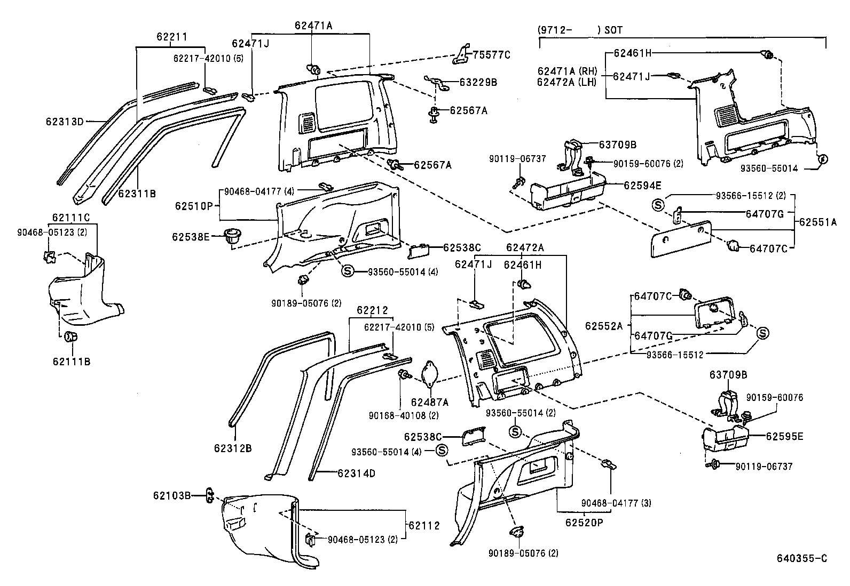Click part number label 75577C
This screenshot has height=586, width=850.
[x=491, y=54]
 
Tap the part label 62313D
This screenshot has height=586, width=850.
[x=64, y=122]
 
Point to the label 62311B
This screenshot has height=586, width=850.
[x=137, y=194]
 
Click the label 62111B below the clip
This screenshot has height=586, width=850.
[x=71, y=362]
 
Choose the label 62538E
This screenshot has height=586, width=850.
[x=191, y=236]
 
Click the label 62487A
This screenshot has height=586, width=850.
[x=430, y=402]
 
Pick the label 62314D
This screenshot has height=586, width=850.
[x=356, y=473]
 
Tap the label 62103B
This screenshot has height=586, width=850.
[x=171, y=495]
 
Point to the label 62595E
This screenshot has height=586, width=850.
[x=784, y=436]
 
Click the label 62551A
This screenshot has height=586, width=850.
[x=817, y=222]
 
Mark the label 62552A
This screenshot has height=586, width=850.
[x=604, y=325]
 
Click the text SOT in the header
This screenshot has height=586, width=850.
[x=613, y=30]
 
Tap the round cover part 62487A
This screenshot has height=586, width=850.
[x=430, y=373]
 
